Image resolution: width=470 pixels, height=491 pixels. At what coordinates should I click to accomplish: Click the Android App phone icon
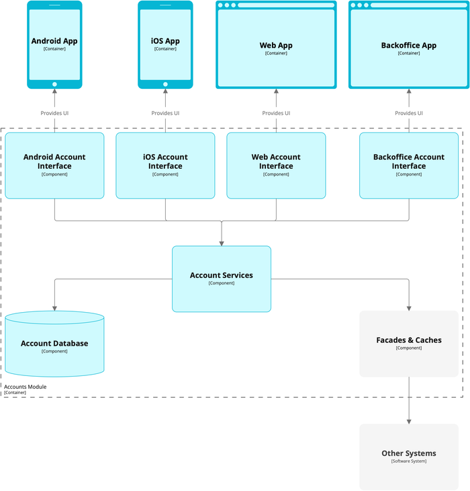54,44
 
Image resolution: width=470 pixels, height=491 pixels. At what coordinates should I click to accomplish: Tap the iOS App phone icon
165,44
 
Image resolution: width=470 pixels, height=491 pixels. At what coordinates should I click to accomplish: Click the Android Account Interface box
54,165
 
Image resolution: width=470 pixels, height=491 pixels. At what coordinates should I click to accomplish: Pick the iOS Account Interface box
165,165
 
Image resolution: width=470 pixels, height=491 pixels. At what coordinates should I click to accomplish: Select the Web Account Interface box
276,165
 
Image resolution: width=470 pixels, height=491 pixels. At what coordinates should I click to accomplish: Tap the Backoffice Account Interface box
409,165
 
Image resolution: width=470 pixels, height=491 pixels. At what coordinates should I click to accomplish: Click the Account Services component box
222,278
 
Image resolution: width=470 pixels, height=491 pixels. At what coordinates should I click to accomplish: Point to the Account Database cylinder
54,344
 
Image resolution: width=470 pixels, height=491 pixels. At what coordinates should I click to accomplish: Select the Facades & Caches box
409,343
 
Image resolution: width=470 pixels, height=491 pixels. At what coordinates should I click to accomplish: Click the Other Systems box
409,456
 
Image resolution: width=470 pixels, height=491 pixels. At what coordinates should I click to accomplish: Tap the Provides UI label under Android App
54,113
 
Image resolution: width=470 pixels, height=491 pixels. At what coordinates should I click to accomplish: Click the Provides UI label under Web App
276,113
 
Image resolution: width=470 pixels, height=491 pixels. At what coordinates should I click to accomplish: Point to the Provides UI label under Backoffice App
409,113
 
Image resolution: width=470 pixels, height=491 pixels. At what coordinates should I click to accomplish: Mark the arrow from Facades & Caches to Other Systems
409,400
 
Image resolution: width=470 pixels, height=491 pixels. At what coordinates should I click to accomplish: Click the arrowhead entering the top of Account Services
222,242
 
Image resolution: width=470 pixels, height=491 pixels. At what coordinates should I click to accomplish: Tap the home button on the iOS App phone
165,84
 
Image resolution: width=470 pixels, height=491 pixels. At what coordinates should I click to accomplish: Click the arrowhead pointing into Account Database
54,307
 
